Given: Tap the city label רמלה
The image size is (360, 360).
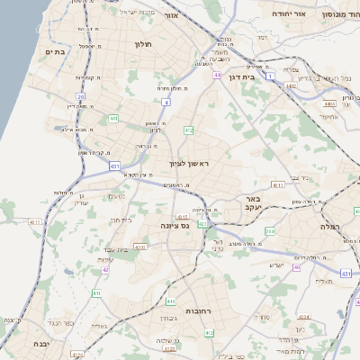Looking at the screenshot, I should click(332, 227).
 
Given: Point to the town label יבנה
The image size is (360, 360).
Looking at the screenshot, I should click(40, 344).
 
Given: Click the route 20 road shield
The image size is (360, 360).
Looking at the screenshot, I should click(81, 96).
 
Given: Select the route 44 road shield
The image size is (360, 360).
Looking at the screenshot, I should click(217, 75).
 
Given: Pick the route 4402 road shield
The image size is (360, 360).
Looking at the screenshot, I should click(290, 86).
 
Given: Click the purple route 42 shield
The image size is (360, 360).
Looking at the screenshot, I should click(105, 268).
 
